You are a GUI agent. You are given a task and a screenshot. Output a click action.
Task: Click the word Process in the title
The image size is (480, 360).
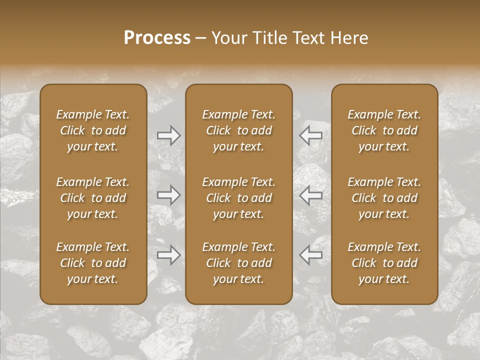[x=157, y=37]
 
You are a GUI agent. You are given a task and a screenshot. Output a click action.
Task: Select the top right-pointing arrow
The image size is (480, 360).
[x=169, y=135]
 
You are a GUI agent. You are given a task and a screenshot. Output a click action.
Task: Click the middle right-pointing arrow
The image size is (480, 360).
[x=169, y=195]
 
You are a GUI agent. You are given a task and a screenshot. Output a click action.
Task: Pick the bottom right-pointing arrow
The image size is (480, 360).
[x=169, y=255]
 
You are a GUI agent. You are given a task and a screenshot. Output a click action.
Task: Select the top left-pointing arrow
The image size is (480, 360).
[x=310, y=135]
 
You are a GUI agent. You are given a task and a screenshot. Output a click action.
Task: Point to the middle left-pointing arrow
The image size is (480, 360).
[x=310, y=195]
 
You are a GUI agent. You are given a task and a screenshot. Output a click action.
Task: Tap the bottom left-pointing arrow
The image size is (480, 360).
[x=310, y=255]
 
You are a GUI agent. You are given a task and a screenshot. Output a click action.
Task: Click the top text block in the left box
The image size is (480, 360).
[x=93, y=130]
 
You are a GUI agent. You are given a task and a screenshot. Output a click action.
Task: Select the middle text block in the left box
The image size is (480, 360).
[x=93, y=198]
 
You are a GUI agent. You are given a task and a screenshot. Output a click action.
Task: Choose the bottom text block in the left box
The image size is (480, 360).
[x=93, y=263]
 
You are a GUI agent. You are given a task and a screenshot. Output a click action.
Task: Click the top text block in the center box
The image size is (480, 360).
[x=238, y=130]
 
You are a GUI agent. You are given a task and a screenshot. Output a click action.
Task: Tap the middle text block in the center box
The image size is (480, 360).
[x=238, y=198]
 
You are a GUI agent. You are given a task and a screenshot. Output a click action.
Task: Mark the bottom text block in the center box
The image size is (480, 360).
[x=238, y=263]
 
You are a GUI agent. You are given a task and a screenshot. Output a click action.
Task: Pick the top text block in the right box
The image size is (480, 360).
[x=384, y=130]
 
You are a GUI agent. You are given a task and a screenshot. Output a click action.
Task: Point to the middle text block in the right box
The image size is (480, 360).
[x=384, y=198]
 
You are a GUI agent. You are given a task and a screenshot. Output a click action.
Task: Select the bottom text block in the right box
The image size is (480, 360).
[x=384, y=263]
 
